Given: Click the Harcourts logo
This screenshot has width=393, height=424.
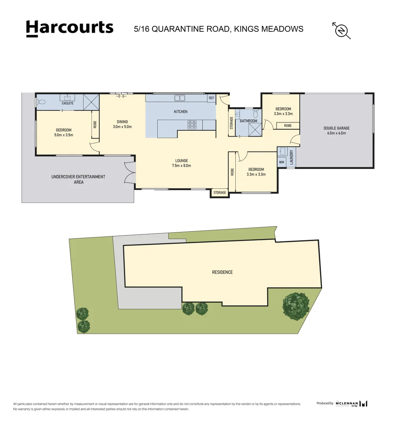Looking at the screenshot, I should click(69, 28).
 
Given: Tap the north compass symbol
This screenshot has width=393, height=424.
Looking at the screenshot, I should click(341, 30).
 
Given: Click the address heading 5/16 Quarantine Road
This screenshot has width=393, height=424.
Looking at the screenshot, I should click(218, 29).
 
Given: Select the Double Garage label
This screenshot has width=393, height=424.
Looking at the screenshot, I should click(337, 130).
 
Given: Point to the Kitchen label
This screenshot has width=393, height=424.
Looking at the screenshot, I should click(180, 112).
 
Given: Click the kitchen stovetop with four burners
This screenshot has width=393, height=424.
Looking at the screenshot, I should click(192, 125).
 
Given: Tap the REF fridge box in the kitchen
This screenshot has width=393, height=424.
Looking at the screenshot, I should click(211, 98).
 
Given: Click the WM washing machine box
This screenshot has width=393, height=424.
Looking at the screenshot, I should click(282, 162).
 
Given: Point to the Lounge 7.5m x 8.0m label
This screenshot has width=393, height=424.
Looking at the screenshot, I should click(182, 163).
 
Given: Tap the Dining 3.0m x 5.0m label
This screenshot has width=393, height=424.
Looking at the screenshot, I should click(122, 124).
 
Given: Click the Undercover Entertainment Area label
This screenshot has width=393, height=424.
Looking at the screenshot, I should click(78, 179).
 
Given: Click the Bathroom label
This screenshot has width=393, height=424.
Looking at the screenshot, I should click(249, 121).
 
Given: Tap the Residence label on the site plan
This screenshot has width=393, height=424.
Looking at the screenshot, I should click(222, 272).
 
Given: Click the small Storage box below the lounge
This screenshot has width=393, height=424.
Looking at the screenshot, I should click(220, 193).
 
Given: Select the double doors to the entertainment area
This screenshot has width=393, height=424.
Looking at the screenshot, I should click(130, 173).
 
